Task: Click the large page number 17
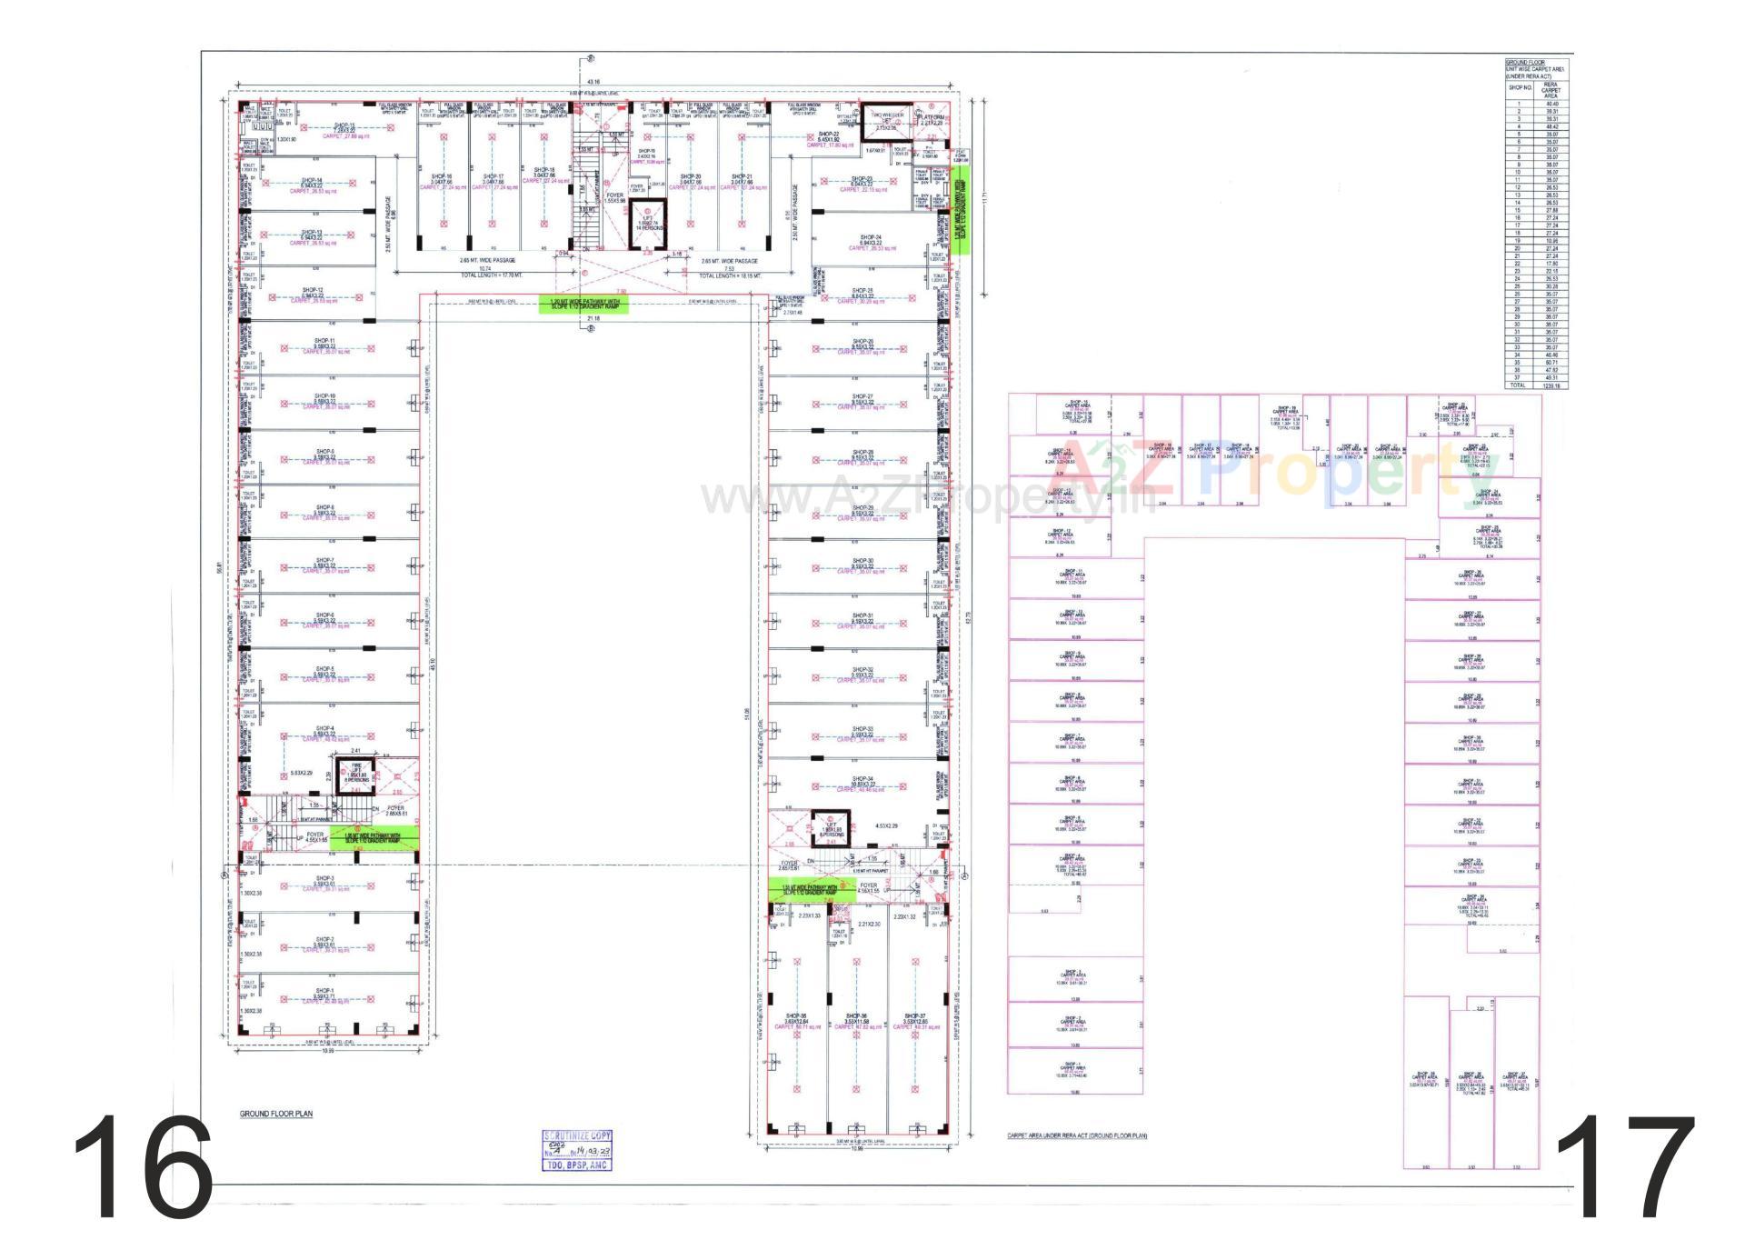coord(1626,1167)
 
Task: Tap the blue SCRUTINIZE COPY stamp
coord(577,1149)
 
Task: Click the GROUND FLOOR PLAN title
coord(267,1114)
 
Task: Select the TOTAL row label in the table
coord(1517,385)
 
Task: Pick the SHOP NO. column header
coord(1520,88)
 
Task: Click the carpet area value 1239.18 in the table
coord(1551,385)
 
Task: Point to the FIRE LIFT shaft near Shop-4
coord(355,775)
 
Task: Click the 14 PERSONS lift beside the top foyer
coord(647,224)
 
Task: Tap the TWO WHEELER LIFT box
coord(884,119)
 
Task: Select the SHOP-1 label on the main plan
coord(324,991)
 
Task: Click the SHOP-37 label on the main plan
coord(915,1015)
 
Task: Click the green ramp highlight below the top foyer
coord(583,305)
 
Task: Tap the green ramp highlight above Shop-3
coord(374,837)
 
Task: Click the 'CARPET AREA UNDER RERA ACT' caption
coord(1077,1135)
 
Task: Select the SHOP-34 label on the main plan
coord(863,779)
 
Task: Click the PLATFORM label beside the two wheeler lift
coord(931,117)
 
